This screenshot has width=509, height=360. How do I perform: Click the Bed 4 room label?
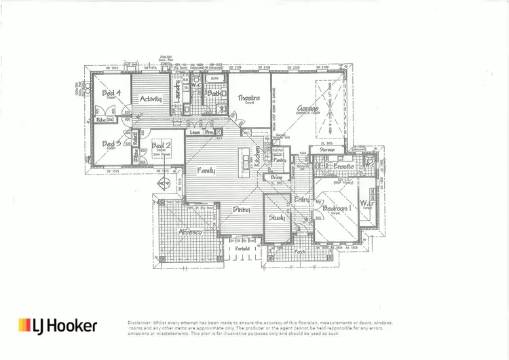coord(111,93)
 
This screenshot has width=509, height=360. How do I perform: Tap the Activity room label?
coord(150,99)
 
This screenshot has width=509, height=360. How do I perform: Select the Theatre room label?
coord(249,98)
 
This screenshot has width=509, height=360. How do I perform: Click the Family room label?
coord(206,170)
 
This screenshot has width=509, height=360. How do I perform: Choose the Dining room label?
coord(242,211)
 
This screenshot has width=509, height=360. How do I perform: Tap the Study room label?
coord(276,218)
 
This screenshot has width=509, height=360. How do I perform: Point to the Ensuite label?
coord(343,165)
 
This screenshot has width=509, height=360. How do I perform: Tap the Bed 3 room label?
coord(111,144)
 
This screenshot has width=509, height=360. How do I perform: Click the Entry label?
coord(301,199)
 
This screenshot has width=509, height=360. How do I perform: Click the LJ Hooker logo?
coord(58,325)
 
